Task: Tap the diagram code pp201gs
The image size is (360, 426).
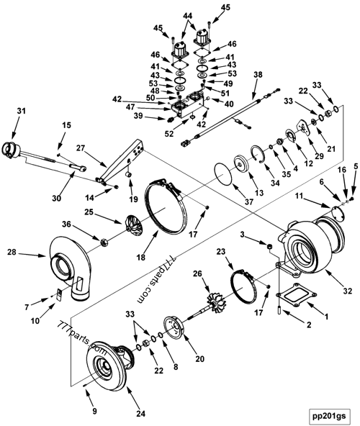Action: point(328,414)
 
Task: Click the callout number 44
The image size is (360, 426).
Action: point(187,16)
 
